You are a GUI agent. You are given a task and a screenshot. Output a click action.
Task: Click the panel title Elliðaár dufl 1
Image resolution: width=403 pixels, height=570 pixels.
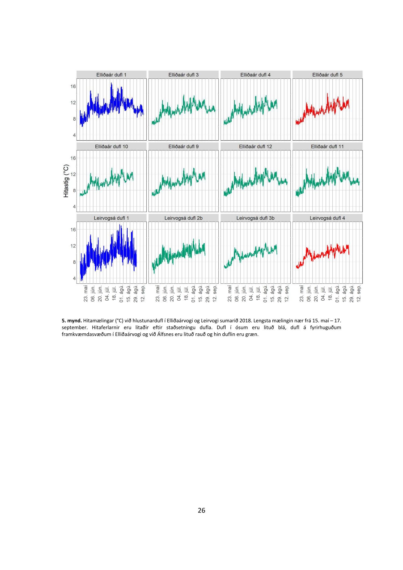point(111,75)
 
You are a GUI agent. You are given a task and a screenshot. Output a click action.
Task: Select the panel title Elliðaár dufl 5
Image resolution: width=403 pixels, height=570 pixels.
point(327,75)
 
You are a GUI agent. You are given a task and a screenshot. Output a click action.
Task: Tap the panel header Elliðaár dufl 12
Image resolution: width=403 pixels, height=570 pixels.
point(255,146)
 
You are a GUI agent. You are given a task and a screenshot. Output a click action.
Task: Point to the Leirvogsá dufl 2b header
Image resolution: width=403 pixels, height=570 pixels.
point(183,218)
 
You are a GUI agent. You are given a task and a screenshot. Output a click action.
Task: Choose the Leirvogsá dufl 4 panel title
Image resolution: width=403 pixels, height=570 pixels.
point(327,218)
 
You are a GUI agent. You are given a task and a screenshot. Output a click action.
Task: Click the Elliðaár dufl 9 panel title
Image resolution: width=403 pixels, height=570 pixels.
point(183,146)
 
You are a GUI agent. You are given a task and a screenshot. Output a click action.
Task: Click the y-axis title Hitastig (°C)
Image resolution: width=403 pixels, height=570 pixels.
point(66,181)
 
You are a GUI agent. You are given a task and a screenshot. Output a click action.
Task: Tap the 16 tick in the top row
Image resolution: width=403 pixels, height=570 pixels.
point(73,86)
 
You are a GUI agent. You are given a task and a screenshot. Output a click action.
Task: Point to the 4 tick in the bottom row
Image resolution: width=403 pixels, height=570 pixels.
point(74,278)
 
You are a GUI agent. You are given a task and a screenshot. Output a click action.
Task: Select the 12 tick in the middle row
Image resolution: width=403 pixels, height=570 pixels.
point(73,174)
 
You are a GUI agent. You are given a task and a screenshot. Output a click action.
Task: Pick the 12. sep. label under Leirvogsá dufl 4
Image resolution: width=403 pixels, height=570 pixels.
point(359,294)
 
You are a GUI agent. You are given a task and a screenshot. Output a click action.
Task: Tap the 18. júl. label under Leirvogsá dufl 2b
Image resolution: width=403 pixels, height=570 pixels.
point(186,294)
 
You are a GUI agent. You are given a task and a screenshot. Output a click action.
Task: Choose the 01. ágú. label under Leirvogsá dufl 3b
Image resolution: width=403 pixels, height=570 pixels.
point(265,294)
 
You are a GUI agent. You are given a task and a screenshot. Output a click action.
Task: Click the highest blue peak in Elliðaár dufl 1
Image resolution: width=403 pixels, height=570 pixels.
point(111,84)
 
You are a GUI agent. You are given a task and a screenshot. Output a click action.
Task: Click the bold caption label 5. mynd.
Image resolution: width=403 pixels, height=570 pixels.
point(71,320)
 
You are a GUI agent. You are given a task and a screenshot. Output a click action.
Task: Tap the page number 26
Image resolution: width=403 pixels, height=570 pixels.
point(201,510)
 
